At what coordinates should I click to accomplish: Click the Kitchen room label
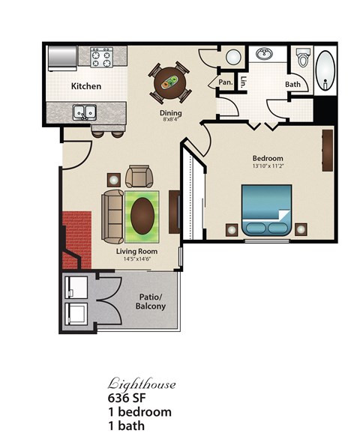(x=86, y=86)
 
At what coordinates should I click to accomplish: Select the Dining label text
(x=170, y=114)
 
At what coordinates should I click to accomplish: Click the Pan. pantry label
(x=225, y=82)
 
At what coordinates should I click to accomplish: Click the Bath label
(x=292, y=84)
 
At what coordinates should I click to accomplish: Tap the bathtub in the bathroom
(x=325, y=72)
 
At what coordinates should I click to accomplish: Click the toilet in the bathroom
(x=303, y=57)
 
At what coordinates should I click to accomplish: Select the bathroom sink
(x=265, y=55)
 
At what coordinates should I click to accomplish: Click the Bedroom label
(x=267, y=158)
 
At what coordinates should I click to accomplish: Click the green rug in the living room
(x=142, y=216)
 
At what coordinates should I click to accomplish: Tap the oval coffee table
(x=142, y=216)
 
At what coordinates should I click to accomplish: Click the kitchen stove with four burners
(x=100, y=57)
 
